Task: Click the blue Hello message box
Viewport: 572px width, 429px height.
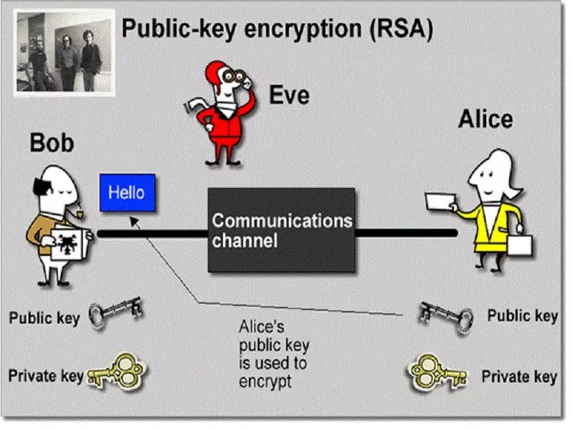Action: (127, 192)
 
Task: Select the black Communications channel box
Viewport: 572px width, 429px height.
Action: (282, 230)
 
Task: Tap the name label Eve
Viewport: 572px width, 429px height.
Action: (289, 95)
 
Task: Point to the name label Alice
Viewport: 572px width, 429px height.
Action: (485, 119)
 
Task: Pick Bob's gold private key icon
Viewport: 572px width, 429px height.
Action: (117, 373)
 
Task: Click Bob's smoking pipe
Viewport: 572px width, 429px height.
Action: (81, 210)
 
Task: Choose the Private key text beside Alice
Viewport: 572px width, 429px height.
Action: (519, 377)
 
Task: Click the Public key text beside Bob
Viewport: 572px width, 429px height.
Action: (44, 317)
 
